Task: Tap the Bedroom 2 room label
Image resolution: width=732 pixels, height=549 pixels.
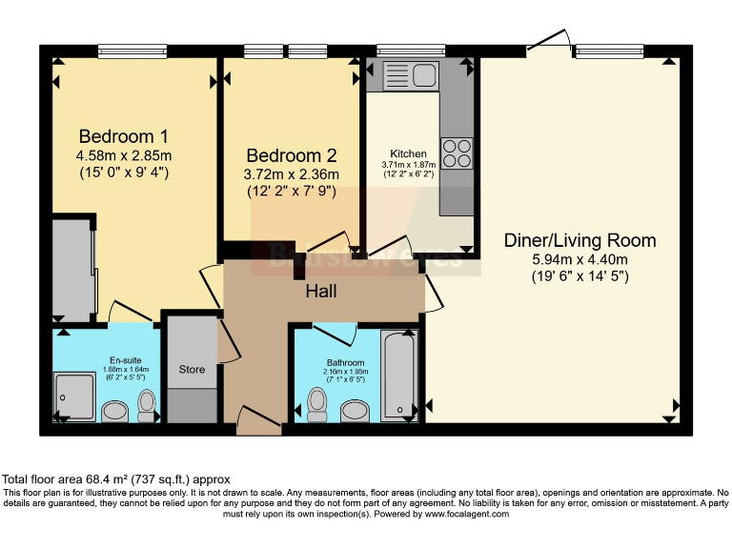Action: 291,155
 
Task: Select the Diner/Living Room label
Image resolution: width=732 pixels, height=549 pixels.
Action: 579,240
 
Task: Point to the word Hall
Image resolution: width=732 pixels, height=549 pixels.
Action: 320,292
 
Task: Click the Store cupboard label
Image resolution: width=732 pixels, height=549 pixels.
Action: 192,369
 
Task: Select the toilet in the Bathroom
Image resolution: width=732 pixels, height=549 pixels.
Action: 317,404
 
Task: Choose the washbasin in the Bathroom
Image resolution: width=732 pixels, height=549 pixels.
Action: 355,411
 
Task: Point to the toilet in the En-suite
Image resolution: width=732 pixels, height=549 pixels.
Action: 148,405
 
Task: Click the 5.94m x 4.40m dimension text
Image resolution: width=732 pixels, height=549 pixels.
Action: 579,259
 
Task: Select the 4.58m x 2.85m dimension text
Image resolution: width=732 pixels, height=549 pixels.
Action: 124,155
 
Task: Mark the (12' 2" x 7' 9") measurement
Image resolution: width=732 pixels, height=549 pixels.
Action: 291,193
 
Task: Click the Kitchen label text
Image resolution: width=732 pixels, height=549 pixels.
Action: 408,153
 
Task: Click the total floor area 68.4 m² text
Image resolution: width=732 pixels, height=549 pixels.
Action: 114,478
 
